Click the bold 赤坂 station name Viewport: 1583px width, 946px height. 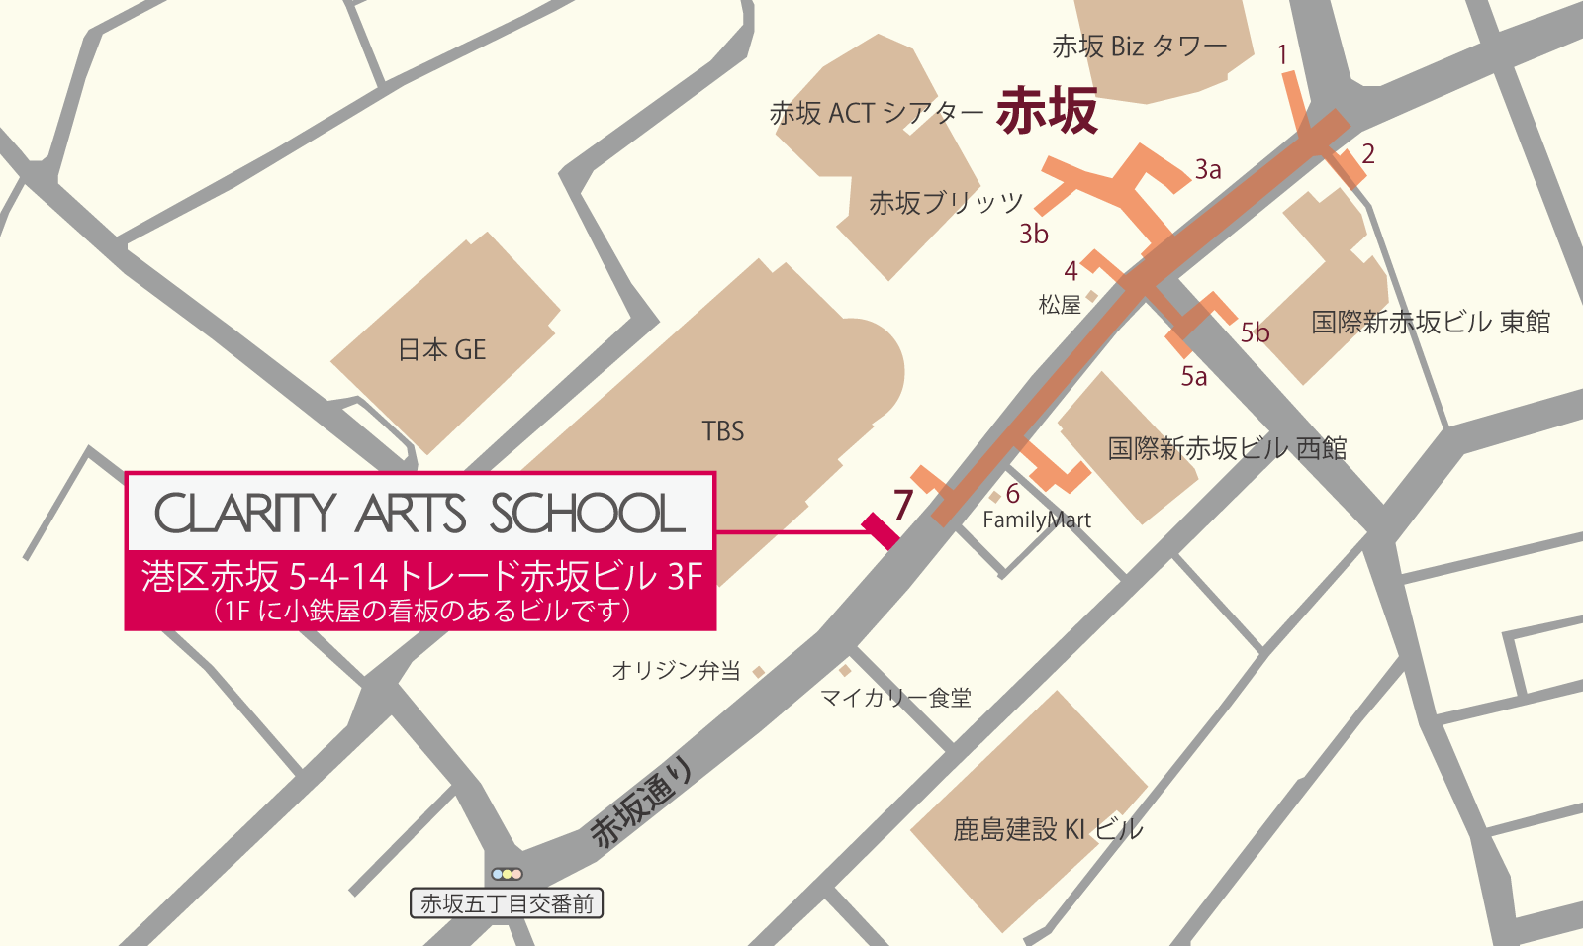coord(1047,110)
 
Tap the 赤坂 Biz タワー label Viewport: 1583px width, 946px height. coord(1139,47)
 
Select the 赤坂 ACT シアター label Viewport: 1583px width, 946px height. coord(876,114)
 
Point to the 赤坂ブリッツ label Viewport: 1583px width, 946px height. coord(946,203)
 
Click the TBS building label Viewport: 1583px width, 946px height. coord(723,431)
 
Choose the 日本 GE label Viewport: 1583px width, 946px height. coord(442,350)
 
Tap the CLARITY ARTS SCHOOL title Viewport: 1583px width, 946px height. coord(419,513)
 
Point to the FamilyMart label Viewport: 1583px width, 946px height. coord(1037,520)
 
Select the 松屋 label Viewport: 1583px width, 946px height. coord(1060,305)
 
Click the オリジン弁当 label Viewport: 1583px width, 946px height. coord(676,671)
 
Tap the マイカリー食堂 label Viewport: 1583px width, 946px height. coord(896,699)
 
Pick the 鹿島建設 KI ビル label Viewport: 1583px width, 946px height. coord(1048,829)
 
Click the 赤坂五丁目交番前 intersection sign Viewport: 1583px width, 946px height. coord(507,903)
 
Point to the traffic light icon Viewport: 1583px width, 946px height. coord(507,874)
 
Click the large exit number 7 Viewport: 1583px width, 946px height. coord(902,506)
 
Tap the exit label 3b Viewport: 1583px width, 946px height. coord(1034,235)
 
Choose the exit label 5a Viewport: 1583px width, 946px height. coord(1194,377)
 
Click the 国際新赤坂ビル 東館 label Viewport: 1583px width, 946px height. coord(1431,323)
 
